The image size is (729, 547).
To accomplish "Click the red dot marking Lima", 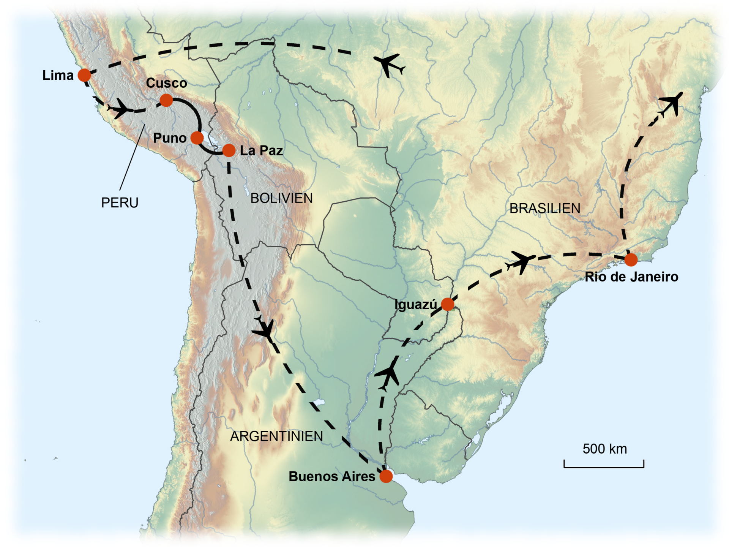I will (x=84, y=75).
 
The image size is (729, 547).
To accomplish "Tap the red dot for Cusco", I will (x=166, y=100).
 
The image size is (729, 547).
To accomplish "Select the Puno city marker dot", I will (x=197, y=138).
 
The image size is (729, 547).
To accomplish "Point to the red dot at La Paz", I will (x=229, y=150).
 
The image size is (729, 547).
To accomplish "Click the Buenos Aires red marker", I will (x=386, y=476).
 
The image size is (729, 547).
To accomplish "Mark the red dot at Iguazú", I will (x=448, y=304).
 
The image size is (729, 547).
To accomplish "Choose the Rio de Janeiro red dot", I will (x=631, y=260).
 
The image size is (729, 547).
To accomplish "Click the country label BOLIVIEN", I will (x=281, y=198).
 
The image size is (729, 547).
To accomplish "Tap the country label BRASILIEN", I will (x=545, y=209).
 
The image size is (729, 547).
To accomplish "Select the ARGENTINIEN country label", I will (x=276, y=436).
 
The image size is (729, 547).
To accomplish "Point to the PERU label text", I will (x=120, y=203).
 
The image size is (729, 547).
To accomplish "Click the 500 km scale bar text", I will (x=604, y=449).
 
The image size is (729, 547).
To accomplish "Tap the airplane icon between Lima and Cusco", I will (x=120, y=109).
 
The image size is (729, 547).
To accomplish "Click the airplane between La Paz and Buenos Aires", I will (x=264, y=330).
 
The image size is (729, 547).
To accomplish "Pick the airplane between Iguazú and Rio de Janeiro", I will (x=522, y=261).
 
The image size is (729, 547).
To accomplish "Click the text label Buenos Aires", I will (x=332, y=477).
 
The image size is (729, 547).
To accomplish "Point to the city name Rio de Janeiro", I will (x=631, y=277).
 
